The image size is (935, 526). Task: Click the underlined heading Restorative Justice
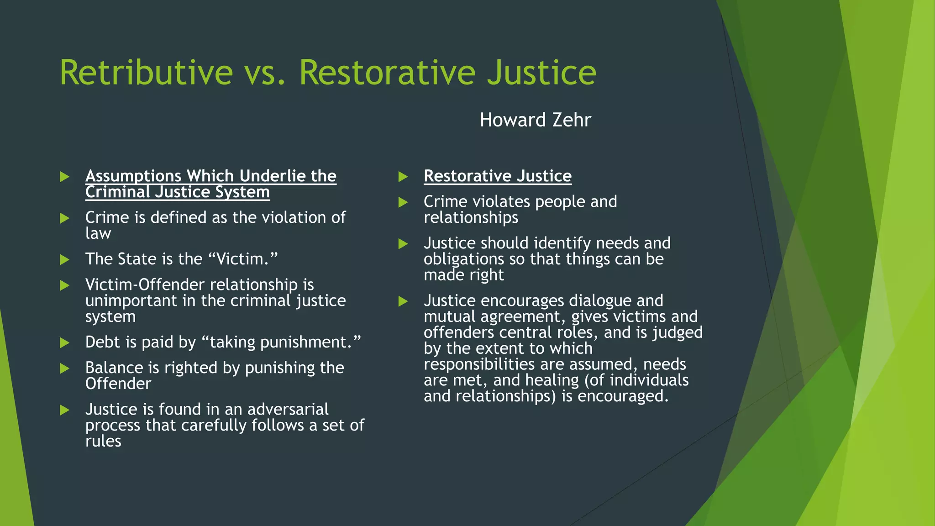pyautogui.click(x=497, y=176)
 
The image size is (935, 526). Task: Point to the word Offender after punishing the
pyautogui.click(x=118, y=384)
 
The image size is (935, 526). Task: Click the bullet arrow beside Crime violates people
pyautogui.click(x=403, y=202)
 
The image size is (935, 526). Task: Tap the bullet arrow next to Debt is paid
pyautogui.click(x=64, y=343)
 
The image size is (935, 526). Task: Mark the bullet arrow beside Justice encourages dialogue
pyautogui.click(x=403, y=301)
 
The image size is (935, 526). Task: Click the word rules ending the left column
pyautogui.click(x=103, y=442)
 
